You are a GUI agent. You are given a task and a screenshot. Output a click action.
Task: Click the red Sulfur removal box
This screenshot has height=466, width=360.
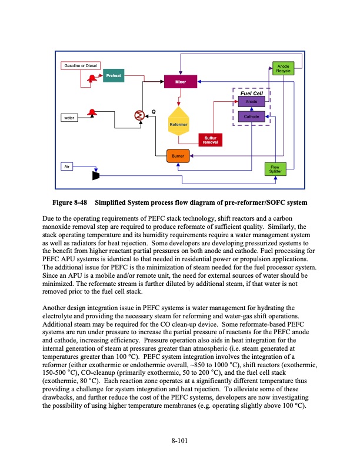pos(210,140)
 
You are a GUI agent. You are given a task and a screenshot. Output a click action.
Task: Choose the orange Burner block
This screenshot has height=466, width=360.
pos(178,156)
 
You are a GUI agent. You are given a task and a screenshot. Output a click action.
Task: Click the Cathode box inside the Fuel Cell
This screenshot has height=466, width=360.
pos(251,116)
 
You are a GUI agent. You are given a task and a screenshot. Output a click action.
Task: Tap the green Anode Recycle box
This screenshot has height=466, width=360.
pos(284,69)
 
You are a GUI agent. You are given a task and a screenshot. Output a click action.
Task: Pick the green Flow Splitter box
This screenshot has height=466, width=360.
pos(275,169)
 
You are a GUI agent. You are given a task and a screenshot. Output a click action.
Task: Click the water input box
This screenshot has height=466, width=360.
pos(69,118)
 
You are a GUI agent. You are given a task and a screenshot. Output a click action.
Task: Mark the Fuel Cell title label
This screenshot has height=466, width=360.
pos(252,93)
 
